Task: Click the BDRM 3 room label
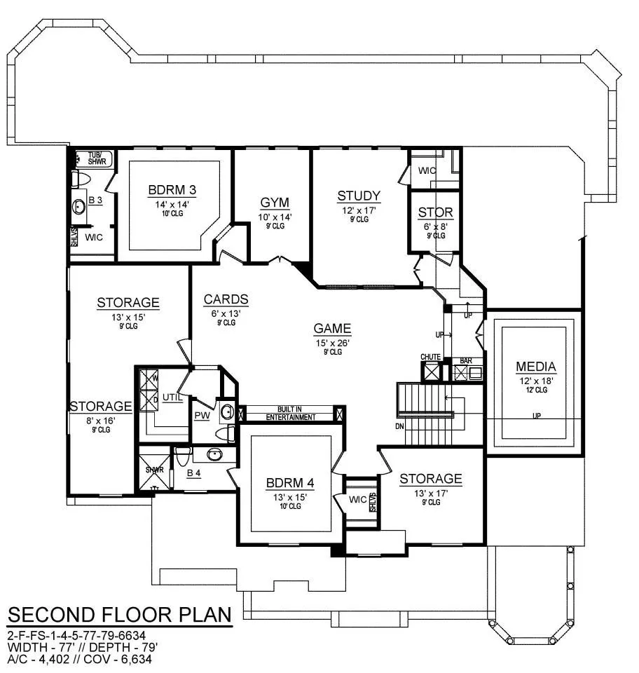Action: click(172, 190)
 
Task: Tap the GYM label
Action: click(275, 203)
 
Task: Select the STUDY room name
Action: click(359, 196)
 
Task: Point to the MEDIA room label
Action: click(535, 367)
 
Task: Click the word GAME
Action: click(332, 328)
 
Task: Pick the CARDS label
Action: click(226, 299)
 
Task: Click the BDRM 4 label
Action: click(290, 483)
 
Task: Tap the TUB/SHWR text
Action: click(97, 158)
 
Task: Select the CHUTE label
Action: click(431, 357)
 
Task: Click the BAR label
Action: click(466, 361)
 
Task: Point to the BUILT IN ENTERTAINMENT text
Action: click(290, 414)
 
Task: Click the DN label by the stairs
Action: click(399, 427)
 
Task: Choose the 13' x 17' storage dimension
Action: click(431, 494)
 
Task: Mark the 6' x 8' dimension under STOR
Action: click(436, 226)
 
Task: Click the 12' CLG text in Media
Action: click(537, 390)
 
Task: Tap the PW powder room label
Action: click(202, 416)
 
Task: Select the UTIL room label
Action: click(172, 397)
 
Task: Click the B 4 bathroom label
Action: click(194, 473)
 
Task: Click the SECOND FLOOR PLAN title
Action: click(120, 615)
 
